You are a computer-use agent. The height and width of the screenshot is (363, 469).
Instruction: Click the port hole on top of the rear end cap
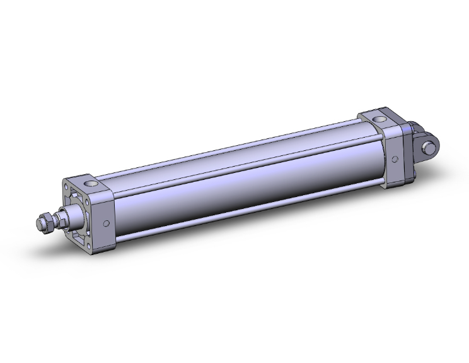point(379,119)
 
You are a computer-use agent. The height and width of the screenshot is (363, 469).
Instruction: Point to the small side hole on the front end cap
point(107,222)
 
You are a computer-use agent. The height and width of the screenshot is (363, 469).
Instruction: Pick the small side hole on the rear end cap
point(395,158)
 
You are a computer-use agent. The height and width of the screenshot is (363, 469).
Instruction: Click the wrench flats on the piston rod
point(58,220)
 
